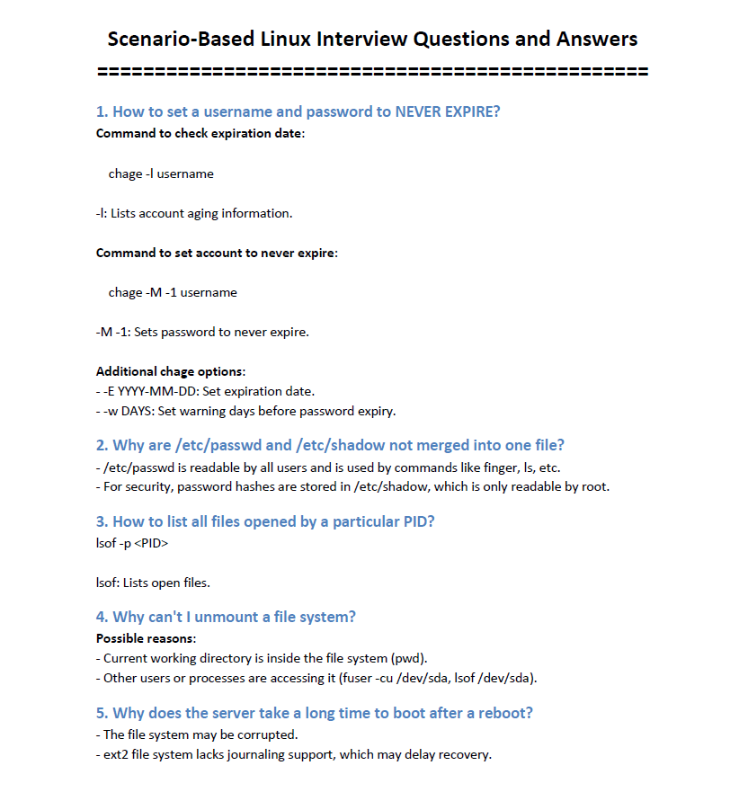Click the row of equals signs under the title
pos(372,71)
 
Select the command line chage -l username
pos(161,174)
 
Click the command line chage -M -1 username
pos(173,292)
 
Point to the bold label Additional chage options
pos(170,371)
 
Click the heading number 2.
pos(102,445)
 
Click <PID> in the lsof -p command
pos(150,544)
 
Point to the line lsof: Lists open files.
pos(153,583)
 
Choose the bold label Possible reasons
pos(145,638)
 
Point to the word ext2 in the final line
pos(117,754)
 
